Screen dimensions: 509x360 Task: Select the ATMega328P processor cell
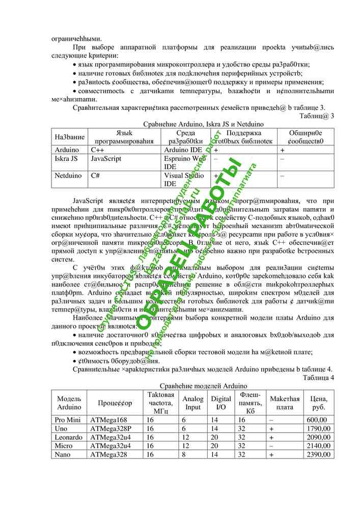[x=111, y=428]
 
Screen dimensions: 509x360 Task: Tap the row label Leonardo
[x=68, y=437]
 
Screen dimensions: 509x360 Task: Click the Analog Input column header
[x=192, y=403]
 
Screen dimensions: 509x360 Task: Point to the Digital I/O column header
[x=221, y=403]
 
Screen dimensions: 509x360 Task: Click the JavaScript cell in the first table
[x=106, y=158]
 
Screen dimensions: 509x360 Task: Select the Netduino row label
[x=68, y=176]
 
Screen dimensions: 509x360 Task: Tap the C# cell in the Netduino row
[x=95, y=176]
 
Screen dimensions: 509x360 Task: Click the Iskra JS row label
[x=66, y=158]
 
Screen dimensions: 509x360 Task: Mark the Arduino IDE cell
[x=183, y=150]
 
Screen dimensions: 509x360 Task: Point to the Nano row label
[x=63, y=455]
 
